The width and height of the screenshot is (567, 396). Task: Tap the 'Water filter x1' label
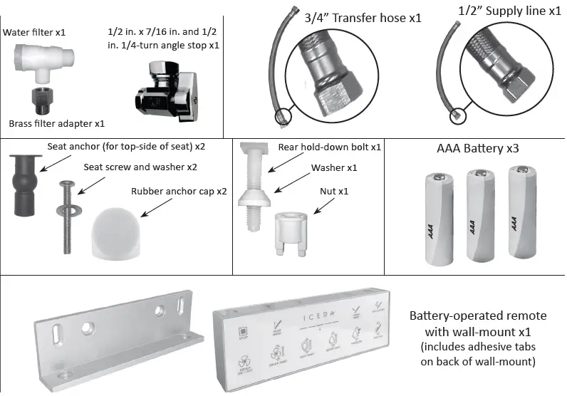pos(35,32)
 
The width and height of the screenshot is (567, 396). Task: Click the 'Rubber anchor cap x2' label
pos(179,191)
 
